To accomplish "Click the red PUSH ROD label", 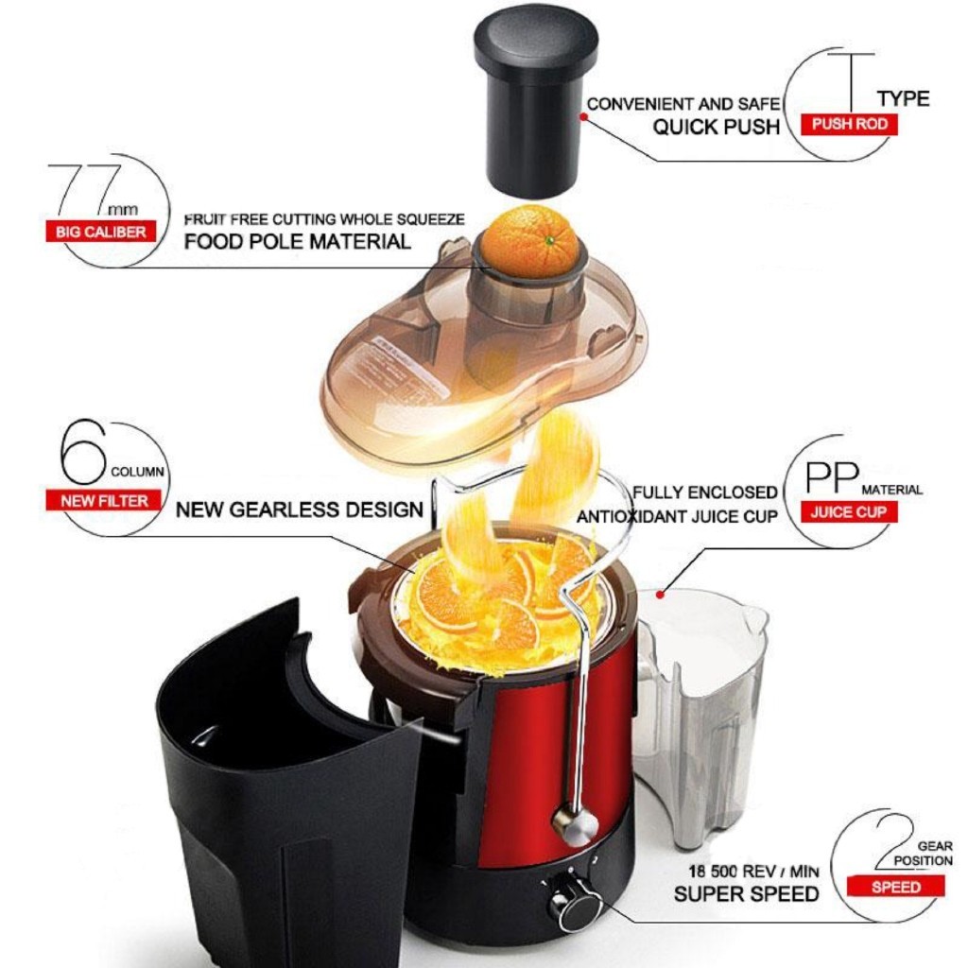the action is coord(849,125).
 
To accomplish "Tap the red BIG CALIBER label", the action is coord(100,233).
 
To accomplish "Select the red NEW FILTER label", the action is coord(104,500).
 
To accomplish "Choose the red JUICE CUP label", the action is coord(849,511).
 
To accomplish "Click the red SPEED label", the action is coord(896,887).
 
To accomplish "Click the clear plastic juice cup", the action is coord(700,717).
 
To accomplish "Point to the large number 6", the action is coord(84,452).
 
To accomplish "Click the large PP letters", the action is coord(833,477).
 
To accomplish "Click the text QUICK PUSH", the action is coord(717,128).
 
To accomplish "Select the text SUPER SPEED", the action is coord(747,894).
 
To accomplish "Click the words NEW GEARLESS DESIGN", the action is coord(300,510).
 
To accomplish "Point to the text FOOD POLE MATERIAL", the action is coord(297,241).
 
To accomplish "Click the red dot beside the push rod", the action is coord(582,116).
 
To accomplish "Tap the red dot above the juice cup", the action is coord(660,595).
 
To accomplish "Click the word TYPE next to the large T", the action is coord(903,98).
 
